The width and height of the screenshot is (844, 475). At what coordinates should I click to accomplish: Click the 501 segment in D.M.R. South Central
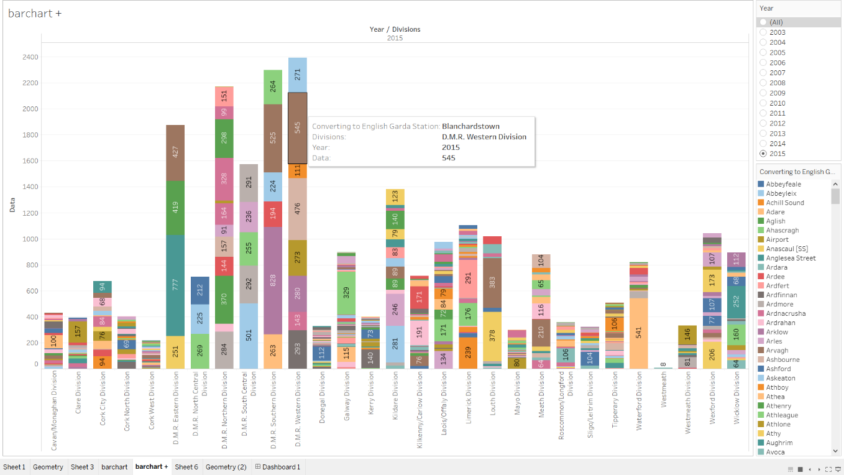(x=249, y=336)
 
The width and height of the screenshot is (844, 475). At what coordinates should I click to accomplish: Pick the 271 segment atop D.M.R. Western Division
(x=298, y=75)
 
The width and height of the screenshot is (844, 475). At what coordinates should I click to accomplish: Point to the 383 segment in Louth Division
(x=492, y=282)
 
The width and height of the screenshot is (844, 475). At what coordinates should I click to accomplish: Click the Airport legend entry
(x=777, y=239)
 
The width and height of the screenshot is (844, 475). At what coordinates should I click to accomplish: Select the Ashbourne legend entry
(x=782, y=359)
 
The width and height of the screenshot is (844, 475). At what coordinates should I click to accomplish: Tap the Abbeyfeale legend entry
(x=783, y=184)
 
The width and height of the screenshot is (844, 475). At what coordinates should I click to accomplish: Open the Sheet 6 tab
(x=186, y=467)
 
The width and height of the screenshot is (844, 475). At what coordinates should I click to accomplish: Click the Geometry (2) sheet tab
(x=226, y=467)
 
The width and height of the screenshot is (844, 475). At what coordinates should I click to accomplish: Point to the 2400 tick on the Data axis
(x=30, y=57)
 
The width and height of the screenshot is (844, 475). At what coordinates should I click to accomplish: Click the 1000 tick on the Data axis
(x=30, y=239)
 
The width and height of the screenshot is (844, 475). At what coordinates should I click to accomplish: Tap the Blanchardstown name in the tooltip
(x=470, y=126)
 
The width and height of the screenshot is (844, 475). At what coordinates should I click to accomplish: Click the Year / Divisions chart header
(x=395, y=29)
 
